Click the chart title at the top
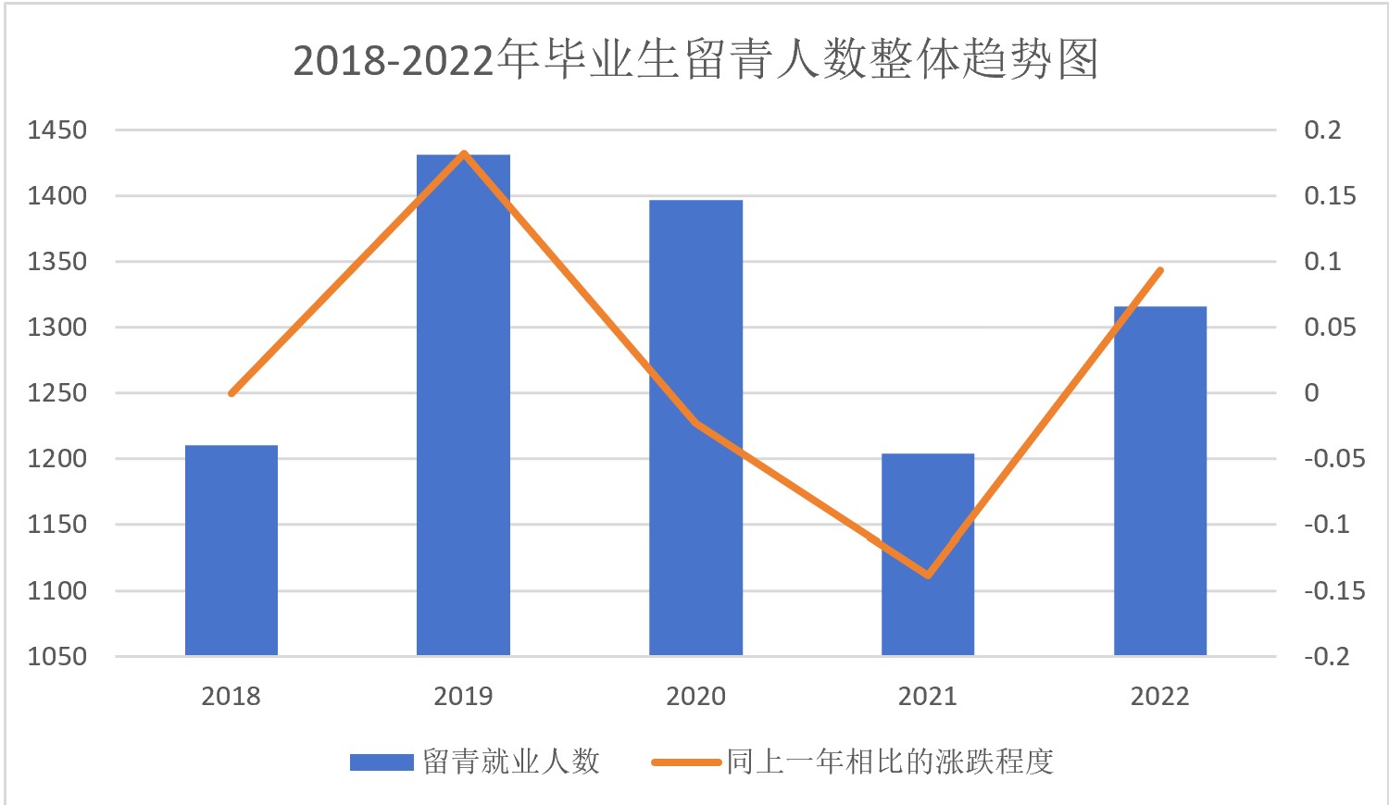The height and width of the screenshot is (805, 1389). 695,60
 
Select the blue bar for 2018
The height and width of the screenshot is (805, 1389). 231,551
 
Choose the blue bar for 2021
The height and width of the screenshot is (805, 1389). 928,554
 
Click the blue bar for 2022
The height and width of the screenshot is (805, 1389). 1160,481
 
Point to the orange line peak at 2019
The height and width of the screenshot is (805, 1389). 464,154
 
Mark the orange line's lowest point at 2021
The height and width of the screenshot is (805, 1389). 928,576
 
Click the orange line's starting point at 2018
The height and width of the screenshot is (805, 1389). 231,393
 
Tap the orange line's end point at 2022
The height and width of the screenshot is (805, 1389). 1160,270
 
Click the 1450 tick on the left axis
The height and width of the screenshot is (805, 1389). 57,130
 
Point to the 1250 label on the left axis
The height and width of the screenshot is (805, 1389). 57,393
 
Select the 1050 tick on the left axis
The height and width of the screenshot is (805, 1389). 57,657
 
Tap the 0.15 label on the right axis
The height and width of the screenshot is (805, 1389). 1330,196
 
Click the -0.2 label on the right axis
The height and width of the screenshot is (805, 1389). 1327,657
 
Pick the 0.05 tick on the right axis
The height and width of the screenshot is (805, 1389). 1330,328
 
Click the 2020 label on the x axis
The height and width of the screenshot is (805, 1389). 695,697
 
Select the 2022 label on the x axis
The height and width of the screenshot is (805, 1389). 1160,697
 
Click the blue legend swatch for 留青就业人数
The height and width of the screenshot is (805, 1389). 382,762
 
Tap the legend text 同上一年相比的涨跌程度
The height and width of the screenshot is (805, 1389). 890,762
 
